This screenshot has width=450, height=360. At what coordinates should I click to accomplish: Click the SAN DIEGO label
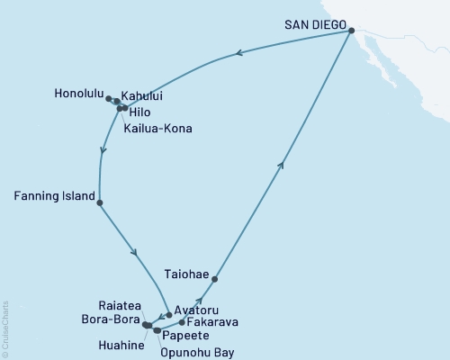[x=313, y=24]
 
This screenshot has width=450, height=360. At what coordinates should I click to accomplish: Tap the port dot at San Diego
[x=352, y=31]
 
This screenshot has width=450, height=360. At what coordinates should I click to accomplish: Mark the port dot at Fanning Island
[x=99, y=203]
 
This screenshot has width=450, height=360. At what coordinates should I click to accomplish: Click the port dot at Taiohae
[x=214, y=279]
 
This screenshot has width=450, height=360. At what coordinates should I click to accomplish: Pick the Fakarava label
[x=213, y=320]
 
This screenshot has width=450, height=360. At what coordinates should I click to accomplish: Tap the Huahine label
[x=121, y=343]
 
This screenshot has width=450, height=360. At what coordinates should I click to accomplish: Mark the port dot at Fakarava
[x=183, y=321]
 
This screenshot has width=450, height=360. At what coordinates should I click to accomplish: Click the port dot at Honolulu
[x=109, y=99]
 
